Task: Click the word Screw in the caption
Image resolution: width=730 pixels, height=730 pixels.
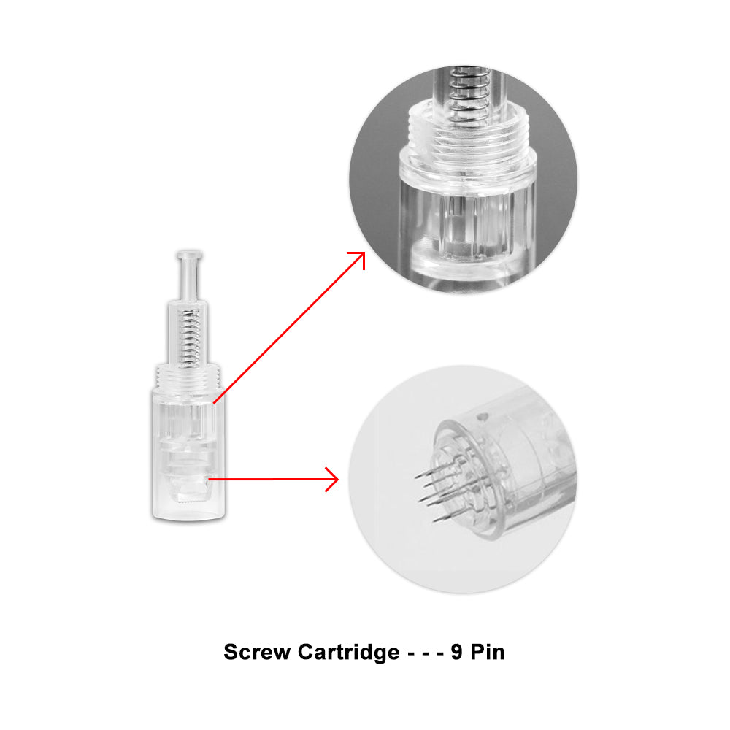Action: [x=257, y=652]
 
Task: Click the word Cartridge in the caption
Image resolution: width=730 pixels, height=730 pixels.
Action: [x=349, y=653]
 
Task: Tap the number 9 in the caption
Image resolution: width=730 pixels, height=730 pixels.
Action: [x=457, y=652]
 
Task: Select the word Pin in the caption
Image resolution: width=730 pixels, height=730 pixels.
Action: [x=488, y=652]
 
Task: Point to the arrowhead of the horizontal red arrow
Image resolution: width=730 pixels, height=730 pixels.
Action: [x=332, y=479]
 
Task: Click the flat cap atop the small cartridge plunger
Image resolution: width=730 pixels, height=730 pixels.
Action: [x=189, y=255]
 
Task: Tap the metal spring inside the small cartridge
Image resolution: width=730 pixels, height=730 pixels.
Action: [x=190, y=336]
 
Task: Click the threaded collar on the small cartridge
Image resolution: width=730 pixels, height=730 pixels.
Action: [x=188, y=377]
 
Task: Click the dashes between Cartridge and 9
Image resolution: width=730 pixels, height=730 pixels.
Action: [x=426, y=653]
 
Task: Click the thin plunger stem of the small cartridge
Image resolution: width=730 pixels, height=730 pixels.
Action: [x=189, y=280]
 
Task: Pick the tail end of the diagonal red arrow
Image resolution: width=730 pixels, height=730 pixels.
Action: [x=214, y=403]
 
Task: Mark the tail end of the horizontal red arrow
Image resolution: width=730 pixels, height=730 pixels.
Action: [x=209, y=479]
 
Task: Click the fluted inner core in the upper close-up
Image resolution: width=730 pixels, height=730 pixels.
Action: [x=466, y=223]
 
